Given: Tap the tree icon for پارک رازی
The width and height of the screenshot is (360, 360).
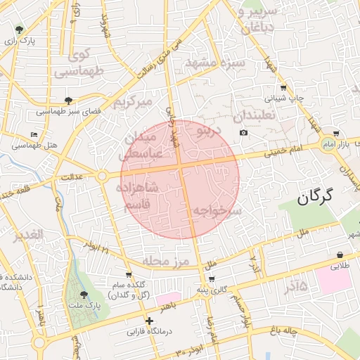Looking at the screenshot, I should tap(19, 30).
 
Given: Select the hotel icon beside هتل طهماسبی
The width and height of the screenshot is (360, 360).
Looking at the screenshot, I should tap(34, 134).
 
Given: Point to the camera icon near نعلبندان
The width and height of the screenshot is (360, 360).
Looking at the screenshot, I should tap(243, 133).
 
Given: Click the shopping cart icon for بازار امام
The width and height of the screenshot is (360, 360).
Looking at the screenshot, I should tap(337, 133).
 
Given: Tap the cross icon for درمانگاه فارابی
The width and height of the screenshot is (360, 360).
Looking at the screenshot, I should tap(149, 321).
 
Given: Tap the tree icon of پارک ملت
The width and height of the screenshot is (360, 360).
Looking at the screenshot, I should tap(84, 295).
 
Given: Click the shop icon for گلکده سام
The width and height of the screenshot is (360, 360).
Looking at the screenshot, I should tap(128, 275).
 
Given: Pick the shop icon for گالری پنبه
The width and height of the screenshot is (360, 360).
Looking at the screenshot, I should tap(210, 280).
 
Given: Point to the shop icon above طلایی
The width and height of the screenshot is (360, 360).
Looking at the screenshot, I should tap(341, 255).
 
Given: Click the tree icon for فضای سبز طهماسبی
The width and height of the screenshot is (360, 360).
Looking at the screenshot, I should tap(68, 101).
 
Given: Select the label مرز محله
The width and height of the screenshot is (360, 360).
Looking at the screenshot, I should tap(167, 261).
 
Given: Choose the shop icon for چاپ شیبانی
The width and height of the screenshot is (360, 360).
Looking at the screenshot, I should tap(283, 88).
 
